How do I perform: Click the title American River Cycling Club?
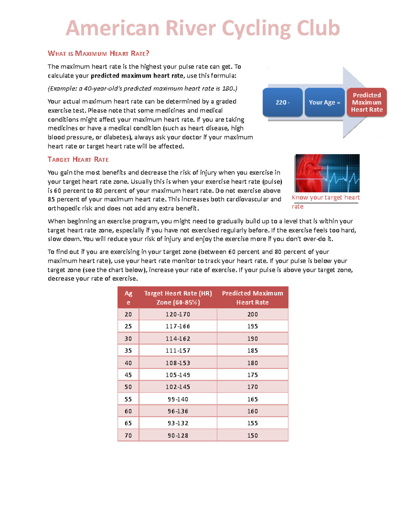click(202, 28)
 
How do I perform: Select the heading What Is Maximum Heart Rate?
click(98, 53)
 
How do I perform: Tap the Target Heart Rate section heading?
click(78, 160)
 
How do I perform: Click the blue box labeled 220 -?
click(283, 102)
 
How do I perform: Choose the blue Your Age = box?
click(324, 102)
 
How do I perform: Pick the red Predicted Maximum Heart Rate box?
click(367, 102)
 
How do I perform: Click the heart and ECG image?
click(327, 173)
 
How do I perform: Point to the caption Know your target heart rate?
click(325, 201)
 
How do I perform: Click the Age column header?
click(128, 298)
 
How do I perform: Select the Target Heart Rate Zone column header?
click(178, 298)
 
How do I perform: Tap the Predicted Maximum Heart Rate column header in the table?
click(252, 298)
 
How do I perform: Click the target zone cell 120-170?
click(178, 314)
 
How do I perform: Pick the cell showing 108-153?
click(178, 363)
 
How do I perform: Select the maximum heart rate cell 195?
click(252, 327)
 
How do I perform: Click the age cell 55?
click(128, 399)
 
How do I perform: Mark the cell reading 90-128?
click(178, 436)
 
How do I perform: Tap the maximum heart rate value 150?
click(252, 436)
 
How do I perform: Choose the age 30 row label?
click(128, 339)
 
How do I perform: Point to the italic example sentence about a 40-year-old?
click(142, 89)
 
